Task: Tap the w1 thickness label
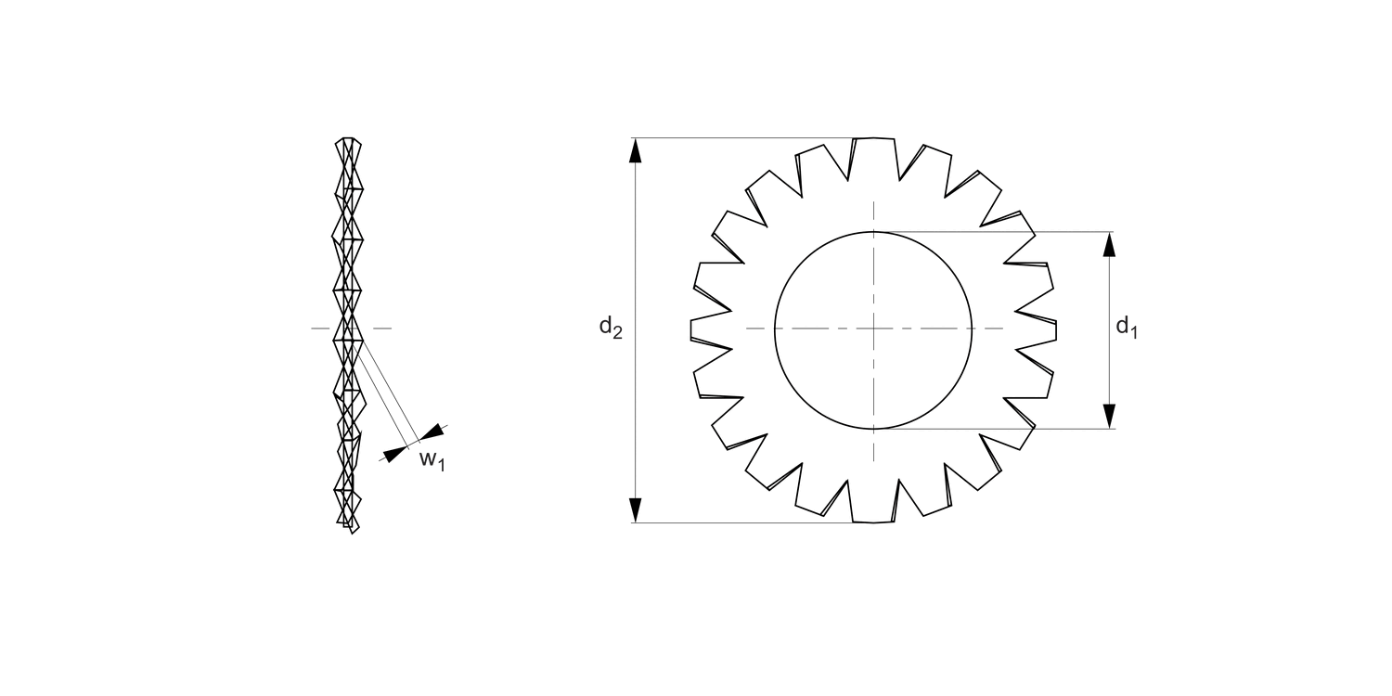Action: (432, 458)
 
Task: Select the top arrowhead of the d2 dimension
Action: (636, 149)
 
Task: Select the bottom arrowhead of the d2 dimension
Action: (636, 510)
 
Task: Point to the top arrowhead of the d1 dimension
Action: (1109, 243)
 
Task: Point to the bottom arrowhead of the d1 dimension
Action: (1109, 417)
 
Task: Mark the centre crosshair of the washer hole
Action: (873, 329)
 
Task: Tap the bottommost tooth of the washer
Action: (873, 508)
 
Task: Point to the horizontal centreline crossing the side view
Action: (380, 329)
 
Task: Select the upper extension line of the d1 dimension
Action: (1002, 232)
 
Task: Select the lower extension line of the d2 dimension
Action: (742, 522)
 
